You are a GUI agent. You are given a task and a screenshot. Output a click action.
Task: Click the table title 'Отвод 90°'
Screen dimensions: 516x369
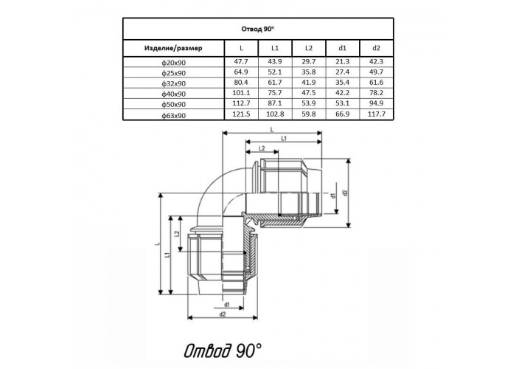(x=258, y=29)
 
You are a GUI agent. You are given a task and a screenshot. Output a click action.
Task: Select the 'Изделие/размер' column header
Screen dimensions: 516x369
(x=173, y=48)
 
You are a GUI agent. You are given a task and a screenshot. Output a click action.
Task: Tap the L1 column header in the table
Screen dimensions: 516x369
(x=275, y=48)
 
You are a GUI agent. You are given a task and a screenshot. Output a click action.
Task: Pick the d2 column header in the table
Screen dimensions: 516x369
(x=376, y=48)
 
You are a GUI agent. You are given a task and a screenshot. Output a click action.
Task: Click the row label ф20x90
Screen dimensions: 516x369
(x=173, y=63)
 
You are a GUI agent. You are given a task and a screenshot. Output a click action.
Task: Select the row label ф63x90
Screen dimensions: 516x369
(x=173, y=116)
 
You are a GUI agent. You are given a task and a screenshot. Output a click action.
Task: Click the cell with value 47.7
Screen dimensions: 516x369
(x=241, y=61)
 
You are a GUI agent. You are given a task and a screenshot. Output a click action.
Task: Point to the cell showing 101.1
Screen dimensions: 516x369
(x=241, y=93)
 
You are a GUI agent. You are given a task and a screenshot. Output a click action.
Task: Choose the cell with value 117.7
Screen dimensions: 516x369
(x=376, y=114)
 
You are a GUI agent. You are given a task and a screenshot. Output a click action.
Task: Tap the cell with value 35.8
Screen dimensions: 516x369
(x=309, y=72)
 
